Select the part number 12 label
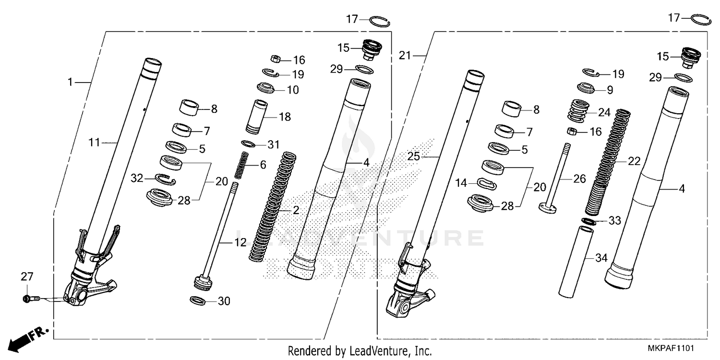(x=240, y=243)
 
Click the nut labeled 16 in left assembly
(x=276, y=59)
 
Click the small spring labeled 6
(x=243, y=164)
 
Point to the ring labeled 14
(x=487, y=183)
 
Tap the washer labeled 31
(x=248, y=144)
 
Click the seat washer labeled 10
(x=265, y=88)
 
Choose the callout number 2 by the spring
(x=296, y=211)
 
